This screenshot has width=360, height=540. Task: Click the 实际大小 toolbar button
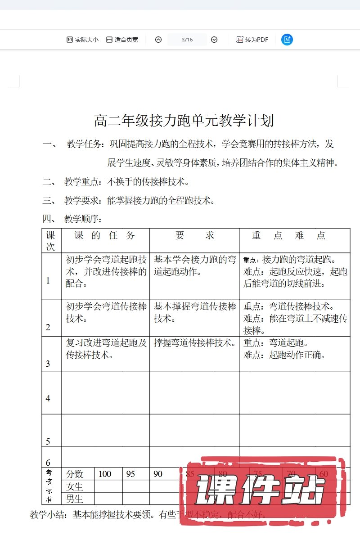click(x=82, y=40)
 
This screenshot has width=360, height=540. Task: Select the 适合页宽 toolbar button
click(x=122, y=40)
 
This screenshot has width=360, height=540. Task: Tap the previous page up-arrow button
click(x=158, y=40)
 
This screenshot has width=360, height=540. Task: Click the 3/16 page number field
click(x=187, y=40)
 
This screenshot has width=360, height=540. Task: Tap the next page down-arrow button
click(x=214, y=40)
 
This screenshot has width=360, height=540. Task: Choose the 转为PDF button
click(x=252, y=40)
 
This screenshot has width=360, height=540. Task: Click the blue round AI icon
click(x=287, y=40)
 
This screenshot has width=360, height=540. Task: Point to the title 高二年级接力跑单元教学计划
click(x=184, y=121)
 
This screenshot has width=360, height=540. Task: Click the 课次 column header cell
click(x=51, y=241)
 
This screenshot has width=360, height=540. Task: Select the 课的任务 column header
click(x=105, y=235)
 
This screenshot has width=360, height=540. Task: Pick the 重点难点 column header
click(x=289, y=235)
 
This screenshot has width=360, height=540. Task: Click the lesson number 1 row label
click(x=48, y=281)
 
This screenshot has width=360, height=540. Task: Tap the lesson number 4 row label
click(x=48, y=398)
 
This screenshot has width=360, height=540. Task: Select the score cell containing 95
click(x=130, y=474)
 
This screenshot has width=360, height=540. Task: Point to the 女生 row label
click(x=75, y=486)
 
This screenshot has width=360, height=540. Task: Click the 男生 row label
click(x=75, y=499)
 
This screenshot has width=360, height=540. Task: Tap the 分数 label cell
click(x=75, y=474)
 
